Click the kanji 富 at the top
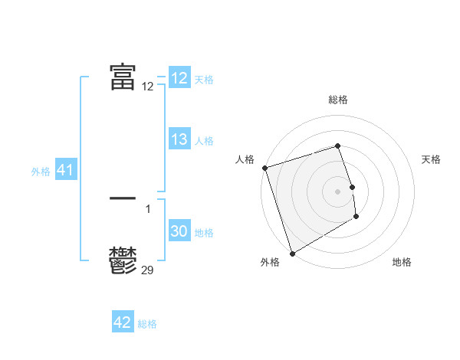(123, 77)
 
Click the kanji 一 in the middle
(123, 198)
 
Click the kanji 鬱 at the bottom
(123, 260)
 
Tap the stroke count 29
(148, 270)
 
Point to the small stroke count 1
(148, 208)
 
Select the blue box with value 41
(65, 171)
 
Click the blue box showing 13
(179, 140)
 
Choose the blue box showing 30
(179, 232)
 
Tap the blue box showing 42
(122, 322)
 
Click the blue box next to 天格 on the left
(179, 78)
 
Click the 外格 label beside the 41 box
(41, 172)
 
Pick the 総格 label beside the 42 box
(147, 324)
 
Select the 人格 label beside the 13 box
(204, 141)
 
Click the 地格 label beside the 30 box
(204, 233)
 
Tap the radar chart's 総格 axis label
(338, 100)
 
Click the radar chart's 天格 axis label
(431, 159)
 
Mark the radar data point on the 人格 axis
(264, 168)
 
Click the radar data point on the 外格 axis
(292, 254)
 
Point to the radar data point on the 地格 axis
(356, 217)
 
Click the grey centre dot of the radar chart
(338, 191)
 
